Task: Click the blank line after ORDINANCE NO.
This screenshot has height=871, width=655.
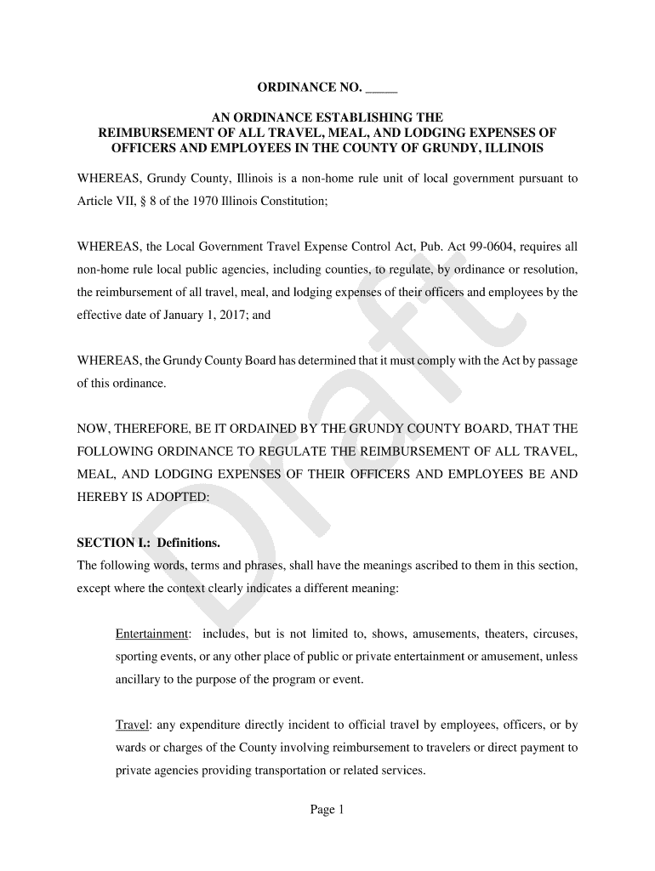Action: (x=382, y=88)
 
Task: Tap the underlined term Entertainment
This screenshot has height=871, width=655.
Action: (x=151, y=635)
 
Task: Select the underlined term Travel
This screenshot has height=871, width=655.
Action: (x=131, y=726)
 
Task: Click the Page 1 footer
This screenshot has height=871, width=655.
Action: (x=327, y=811)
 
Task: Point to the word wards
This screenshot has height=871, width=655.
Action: (x=131, y=749)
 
